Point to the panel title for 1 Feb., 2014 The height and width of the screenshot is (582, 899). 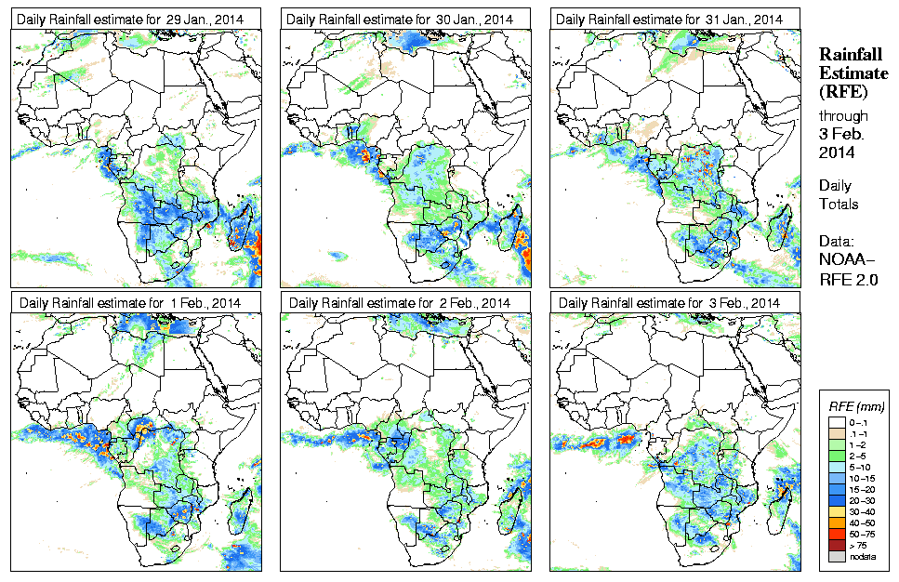(131, 303)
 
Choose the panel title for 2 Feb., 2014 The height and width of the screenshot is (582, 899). (400, 303)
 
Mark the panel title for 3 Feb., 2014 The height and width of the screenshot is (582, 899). (669, 303)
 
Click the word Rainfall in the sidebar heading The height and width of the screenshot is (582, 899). (849, 55)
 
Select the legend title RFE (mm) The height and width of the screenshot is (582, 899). (855, 406)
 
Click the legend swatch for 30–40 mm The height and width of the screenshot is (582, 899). (834, 510)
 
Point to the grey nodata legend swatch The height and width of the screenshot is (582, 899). (834, 555)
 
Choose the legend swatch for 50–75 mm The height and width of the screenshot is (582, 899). (834, 533)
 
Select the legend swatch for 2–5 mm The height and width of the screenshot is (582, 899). (834, 455)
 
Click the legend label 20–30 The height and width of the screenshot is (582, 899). (862, 499)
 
